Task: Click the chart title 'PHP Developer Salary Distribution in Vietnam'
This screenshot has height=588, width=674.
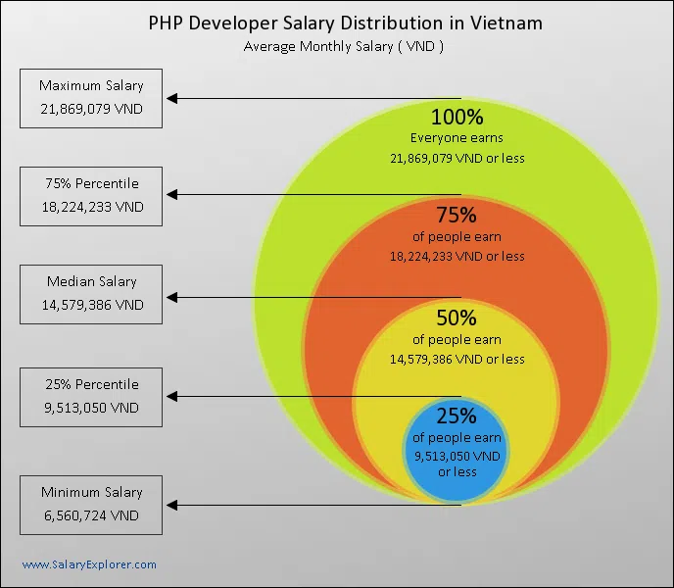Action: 345,23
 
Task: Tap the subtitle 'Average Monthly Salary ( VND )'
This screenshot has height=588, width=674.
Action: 345,46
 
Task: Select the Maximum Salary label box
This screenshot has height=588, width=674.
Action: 91,97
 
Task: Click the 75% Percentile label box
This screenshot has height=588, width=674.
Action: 91,195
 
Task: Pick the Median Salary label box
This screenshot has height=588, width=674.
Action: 91,293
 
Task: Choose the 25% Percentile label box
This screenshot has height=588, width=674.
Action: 91,396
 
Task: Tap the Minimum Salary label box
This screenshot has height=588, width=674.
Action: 91,504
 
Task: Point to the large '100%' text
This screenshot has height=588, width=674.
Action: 457,117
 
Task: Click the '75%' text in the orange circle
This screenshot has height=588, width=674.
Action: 457,216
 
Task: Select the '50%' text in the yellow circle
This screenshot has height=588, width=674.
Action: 457,318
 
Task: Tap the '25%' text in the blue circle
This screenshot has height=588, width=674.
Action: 457,416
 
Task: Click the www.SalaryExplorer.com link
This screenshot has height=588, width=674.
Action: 89,564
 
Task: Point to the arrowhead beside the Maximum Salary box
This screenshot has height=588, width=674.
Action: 171,98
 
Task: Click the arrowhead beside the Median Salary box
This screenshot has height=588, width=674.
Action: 171,298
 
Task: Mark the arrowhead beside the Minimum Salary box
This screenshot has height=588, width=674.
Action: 171,505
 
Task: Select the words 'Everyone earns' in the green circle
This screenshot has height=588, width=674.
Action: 457,138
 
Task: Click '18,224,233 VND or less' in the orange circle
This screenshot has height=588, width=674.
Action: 457,257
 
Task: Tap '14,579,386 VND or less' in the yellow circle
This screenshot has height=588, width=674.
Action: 457,360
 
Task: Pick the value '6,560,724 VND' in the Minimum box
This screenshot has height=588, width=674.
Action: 91,514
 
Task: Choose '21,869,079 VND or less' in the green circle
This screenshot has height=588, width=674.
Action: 457,157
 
